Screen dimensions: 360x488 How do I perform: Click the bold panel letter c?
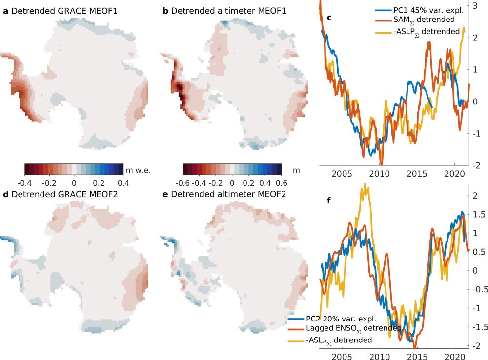tap(329, 18)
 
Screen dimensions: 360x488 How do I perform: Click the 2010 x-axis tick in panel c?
tap(378, 174)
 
